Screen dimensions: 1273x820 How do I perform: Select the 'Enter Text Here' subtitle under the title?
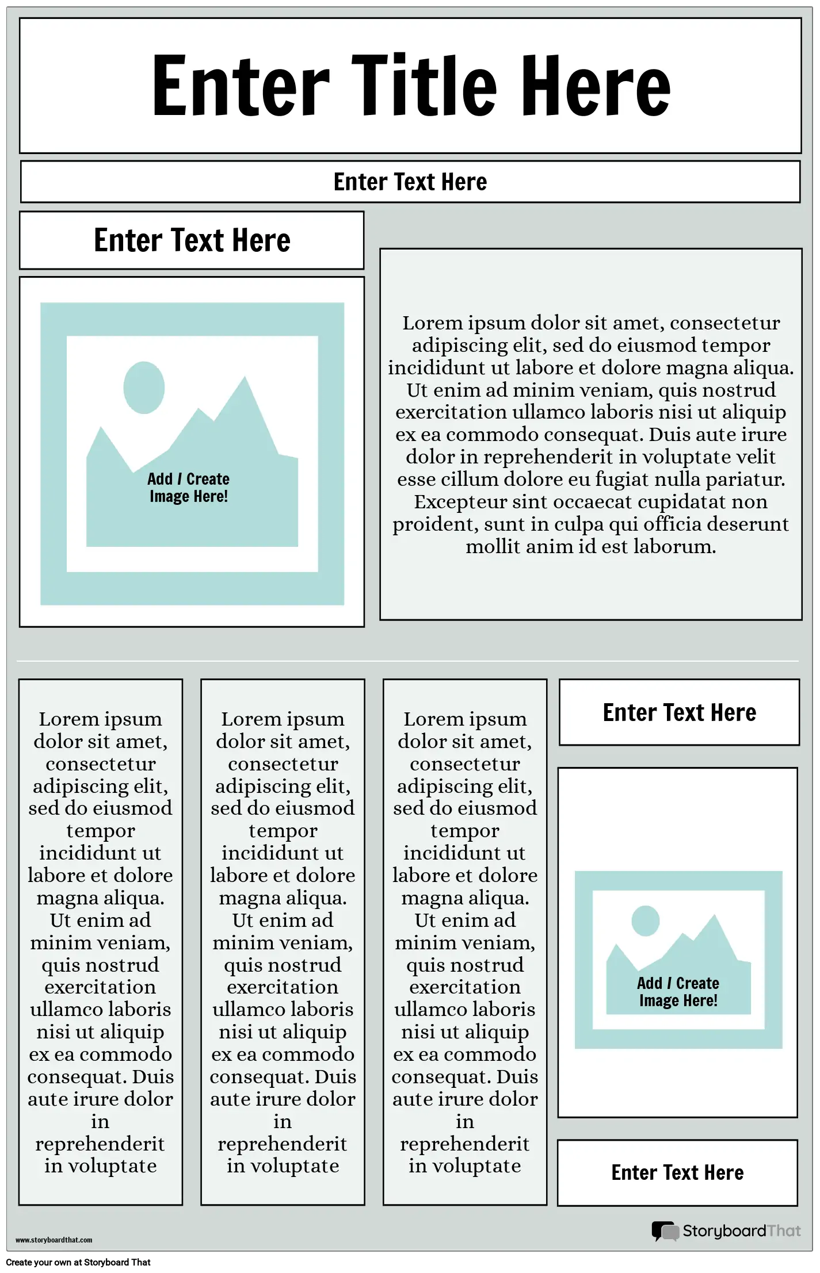[x=410, y=182]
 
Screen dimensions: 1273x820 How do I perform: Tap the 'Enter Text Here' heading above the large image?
[x=192, y=240]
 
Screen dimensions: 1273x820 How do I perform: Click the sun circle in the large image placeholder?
[x=144, y=388]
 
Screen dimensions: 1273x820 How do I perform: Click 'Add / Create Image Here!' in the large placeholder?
[x=189, y=488]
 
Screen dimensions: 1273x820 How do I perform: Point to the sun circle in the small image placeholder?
[x=645, y=921]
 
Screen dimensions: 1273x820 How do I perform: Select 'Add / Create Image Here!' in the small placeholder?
[x=678, y=992]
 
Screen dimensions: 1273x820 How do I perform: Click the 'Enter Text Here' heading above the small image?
[x=680, y=712]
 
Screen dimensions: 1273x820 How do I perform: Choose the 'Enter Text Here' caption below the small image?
[x=677, y=1172]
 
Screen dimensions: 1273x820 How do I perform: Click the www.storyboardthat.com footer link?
[x=54, y=1240]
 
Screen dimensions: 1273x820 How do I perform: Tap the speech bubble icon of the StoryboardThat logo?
[x=665, y=1231]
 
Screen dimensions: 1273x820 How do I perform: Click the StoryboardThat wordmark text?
[x=742, y=1231]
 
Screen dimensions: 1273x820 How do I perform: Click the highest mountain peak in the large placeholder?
[x=245, y=378]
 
